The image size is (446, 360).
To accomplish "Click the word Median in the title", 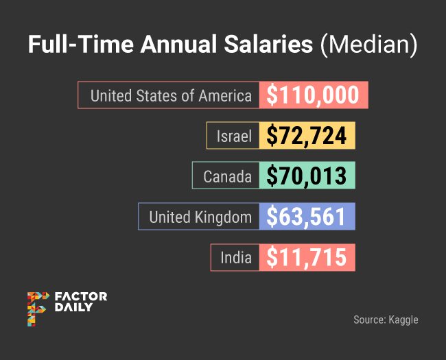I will [369, 45].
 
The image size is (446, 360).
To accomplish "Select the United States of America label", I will [170, 95].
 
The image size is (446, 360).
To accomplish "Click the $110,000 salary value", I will [314, 95].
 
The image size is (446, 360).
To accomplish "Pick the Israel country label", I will [235, 136].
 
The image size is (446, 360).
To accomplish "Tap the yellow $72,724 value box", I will [306, 136].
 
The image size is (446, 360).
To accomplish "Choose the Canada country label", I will [227, 176].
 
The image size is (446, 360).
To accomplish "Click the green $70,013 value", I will [306, 176].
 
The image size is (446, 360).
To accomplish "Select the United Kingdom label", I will [200, 217].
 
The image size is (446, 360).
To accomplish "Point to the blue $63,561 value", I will [306, 217].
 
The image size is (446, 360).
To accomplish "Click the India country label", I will [236, 258].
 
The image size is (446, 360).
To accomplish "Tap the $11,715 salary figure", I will [306, 258].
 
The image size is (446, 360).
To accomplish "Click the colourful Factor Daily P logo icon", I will [37, 308].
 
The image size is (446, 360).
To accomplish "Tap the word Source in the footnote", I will [368, 320].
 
